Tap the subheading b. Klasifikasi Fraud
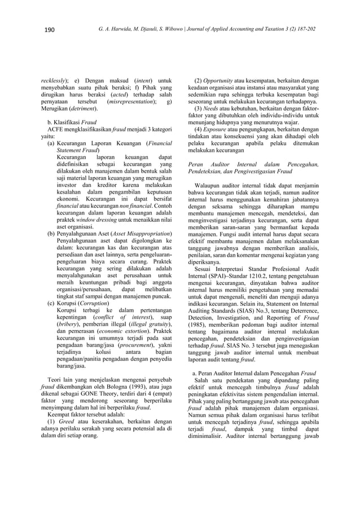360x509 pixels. (73, 121)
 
